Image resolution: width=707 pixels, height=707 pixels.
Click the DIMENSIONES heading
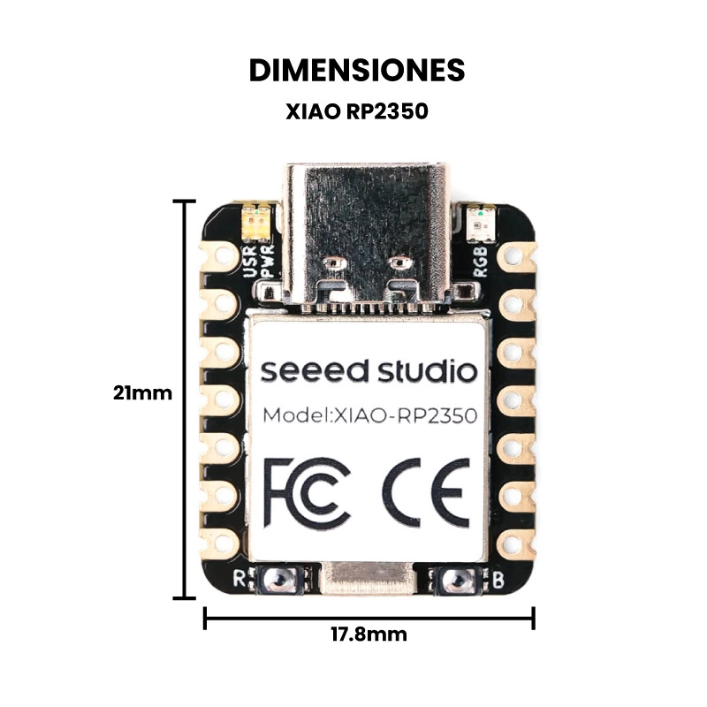357,71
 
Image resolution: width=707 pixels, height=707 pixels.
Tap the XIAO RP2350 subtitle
357,111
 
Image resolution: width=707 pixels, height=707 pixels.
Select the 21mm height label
142,393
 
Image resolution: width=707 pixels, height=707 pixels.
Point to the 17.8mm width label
369,635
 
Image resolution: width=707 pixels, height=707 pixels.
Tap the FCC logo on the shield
307,493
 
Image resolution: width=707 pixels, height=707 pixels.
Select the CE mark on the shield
426,493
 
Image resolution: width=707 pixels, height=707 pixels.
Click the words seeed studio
369,370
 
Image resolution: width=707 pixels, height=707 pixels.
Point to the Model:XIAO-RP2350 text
369,415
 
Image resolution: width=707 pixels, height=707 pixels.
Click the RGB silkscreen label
480,261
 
